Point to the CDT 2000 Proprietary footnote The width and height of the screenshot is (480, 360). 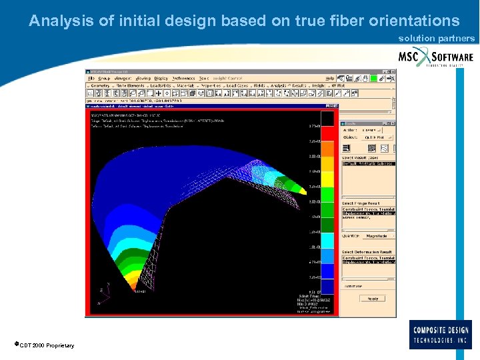point(44,345)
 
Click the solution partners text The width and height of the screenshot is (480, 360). point(436,39)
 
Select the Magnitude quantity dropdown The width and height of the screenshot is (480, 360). point(379,235)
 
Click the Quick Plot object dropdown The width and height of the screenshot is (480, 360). point(377,137)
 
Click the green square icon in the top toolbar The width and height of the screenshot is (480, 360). point(373,78)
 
